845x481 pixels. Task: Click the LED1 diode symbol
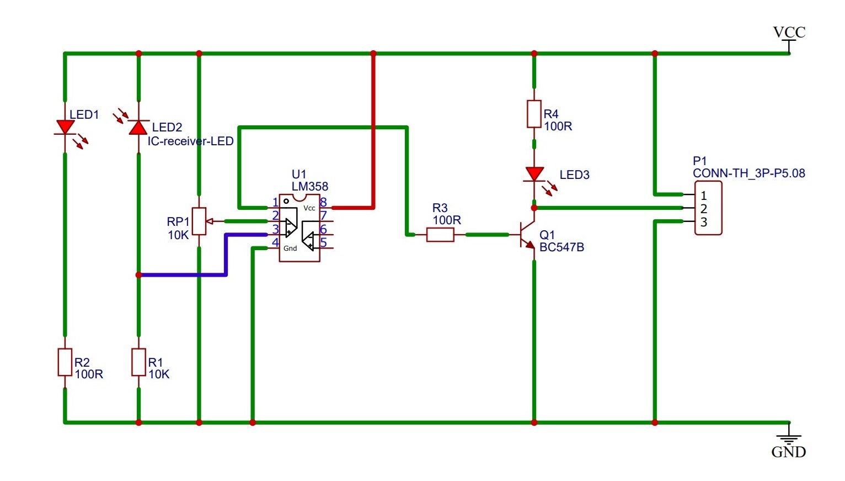pyautogui.click(x=65, y=127)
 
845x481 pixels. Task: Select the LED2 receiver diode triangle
pyautogui.click(x=138, y=128)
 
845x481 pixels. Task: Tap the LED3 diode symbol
pyautogui.click(x=534, y=175)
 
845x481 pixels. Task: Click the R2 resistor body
pyautogui.click(x=65, y=362)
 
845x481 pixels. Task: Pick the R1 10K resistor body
pyautogui.click(x=138, y=362)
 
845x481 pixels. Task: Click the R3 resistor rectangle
pyautogui.click(x=440, y=235)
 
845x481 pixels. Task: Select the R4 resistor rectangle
pyautogui.click(x=534, y=114)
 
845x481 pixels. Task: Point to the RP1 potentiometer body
pyautogui.click(x=199, y=221)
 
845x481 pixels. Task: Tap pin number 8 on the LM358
pyautogui.click(x=323, y=202)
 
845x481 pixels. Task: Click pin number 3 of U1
pyautogui.click(x=276, y=229)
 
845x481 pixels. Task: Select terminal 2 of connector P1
pyautogui.click(x=704, y=209)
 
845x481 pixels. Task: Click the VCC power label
pyautogui.click(x=789, y=32)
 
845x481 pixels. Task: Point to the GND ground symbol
pyautogui.click(x=789, y=438)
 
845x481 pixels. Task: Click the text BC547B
pyautogui.click(x=561, y=247)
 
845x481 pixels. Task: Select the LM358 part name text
pyautogui.click(x=310, y=186)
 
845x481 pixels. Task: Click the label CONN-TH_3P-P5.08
pyautogui.click(x=749, y=173)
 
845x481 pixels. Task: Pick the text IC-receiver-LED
pyautogui.click(x=190, y=141)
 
